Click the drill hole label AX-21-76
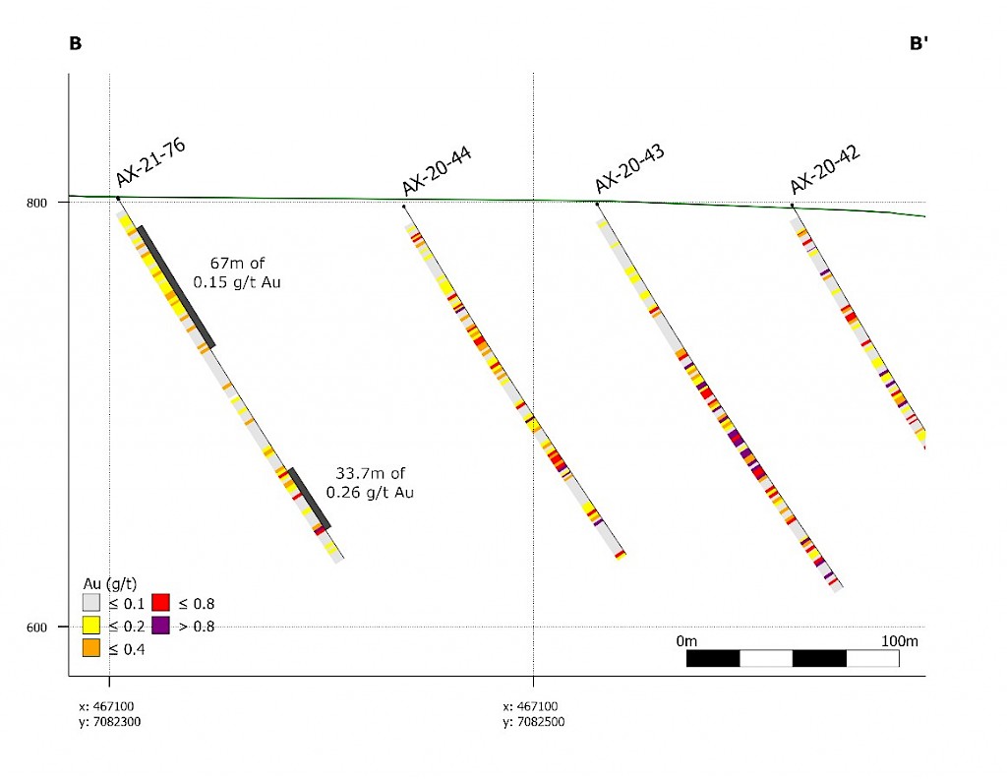click(x=151, y=162)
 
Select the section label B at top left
click(x=75, y=43)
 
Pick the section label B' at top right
click(x=919, y=43)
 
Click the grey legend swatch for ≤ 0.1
click(x=92, y=602)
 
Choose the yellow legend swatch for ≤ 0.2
click(x=92, y=626)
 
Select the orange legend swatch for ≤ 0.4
click(x=92, y=648)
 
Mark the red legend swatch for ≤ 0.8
click(x=161, y=602)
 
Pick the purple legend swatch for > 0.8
click(x=161, y=626)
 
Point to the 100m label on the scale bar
click(x=899, y=641)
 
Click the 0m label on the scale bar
click(x=687, y=641)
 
